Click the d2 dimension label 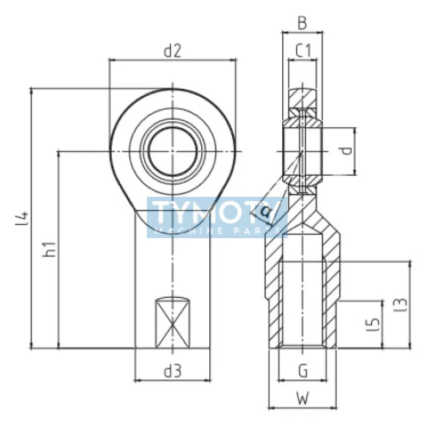(172, 51)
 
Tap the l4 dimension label (22, 219)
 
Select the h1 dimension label (50, 249)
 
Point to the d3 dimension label (173, 371)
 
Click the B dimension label (302, 23)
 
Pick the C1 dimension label (303, 51)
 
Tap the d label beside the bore (346, 151)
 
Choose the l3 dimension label (401, 304)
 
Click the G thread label (303, 371)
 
